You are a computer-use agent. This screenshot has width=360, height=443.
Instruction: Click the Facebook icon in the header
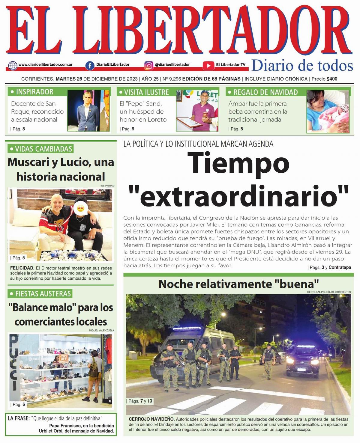90,65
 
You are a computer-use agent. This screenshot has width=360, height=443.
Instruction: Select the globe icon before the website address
13,65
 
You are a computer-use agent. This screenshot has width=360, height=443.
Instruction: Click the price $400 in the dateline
332,79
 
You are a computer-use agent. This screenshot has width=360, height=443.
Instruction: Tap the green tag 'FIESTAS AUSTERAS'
40,293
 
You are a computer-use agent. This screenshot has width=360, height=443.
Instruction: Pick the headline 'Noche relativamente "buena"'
238,284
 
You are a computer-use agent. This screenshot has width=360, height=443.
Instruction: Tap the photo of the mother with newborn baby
328,111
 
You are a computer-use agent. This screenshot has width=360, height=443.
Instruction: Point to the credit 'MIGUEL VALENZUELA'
101,330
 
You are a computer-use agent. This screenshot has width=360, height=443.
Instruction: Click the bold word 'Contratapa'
340,267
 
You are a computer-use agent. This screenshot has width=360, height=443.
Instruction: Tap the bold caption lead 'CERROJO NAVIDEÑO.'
151,419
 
